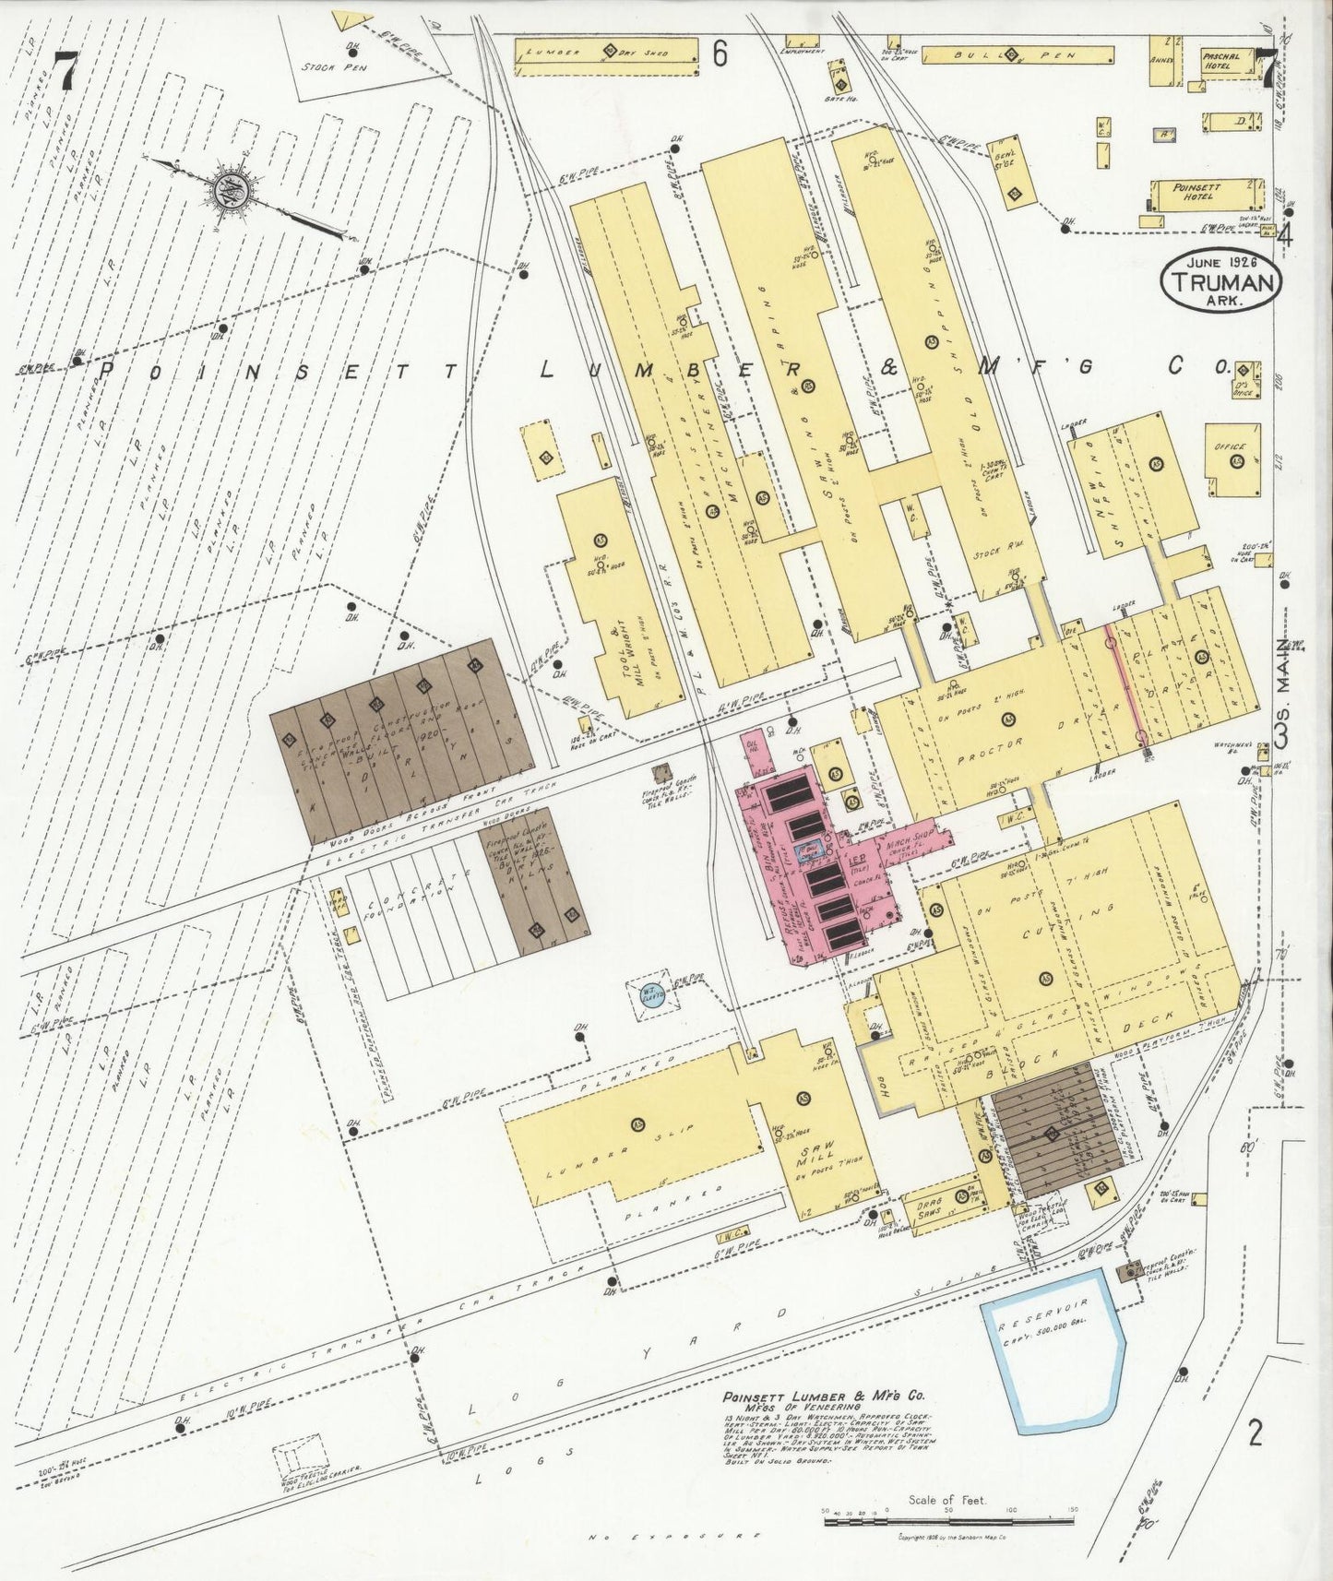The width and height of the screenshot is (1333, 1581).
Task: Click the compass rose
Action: coord(227,191)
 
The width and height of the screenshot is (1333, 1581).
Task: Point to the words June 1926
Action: coord(1219,262)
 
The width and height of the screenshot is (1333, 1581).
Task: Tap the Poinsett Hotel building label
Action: coord(1196,192)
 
